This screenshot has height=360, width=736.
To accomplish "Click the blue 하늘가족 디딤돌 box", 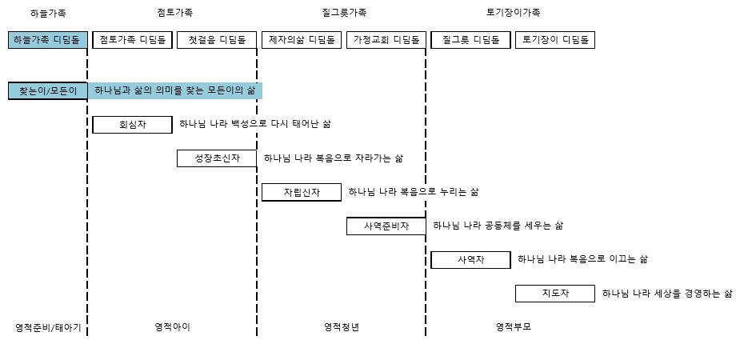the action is click(x=47, y=40).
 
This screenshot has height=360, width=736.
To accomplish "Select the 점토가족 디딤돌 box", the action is click(x=132, y=40).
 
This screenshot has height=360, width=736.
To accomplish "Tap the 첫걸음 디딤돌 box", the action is click(x=217, y=40).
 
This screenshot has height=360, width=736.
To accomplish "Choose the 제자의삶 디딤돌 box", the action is click(x=302, y=40).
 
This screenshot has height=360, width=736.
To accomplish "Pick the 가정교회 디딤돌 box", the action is click(x=386, y=40).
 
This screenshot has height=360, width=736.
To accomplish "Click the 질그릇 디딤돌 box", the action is click(x=470, y=40).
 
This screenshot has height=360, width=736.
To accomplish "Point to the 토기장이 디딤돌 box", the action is click(x=555, y=40).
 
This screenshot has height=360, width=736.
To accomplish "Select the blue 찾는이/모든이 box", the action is click(x=47, y=90).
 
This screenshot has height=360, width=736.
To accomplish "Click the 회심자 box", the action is click(x=132, y=125).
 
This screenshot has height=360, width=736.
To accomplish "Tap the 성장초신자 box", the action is click(x=217, y=158).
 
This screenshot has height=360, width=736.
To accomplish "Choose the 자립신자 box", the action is click(x=302, y=193).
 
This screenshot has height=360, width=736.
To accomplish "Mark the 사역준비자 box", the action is click(x=386, y=226).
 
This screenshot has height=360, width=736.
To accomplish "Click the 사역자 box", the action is click(x=470, y=260).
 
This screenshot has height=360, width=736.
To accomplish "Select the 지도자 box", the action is click(x=555, y=294).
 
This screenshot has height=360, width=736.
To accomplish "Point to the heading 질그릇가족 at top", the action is click(x=344, y=13).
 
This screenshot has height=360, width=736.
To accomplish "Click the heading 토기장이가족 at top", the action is click(x=514, y=13).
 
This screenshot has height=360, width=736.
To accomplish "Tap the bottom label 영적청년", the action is click(x=342, y=327).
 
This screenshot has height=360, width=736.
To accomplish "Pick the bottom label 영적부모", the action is click(x=514, y=327).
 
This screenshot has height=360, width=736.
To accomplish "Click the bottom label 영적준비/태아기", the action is click(x=48, y=328).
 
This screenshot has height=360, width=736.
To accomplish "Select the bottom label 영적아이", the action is click(x=172, y=327).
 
